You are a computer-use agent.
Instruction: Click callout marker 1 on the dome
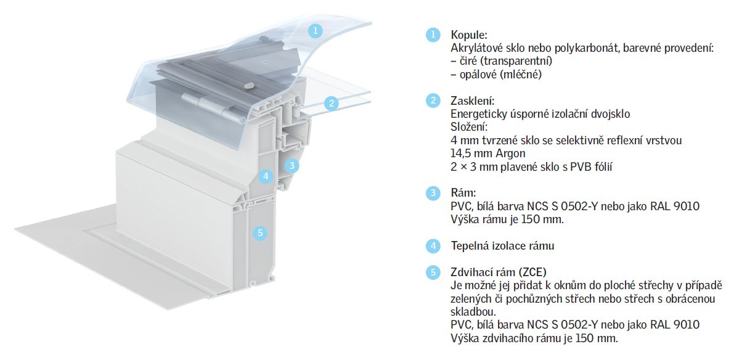pos(315,31)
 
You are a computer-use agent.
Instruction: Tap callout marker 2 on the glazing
pos(332,104)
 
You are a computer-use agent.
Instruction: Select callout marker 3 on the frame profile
pos(292,165)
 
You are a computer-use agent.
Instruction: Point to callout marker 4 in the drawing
pos(266,176)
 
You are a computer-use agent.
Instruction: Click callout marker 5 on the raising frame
pos(260,233)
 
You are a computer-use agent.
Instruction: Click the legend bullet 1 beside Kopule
pos(433,35)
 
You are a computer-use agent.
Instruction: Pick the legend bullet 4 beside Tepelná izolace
pos(433,246)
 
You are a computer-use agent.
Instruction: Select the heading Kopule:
pos(469,35)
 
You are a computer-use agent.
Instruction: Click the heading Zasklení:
pos(472,100)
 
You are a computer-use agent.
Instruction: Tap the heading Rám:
pos(463,193)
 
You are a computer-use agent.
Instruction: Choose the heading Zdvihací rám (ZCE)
pos(499,272)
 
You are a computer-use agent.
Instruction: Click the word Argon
pos(510,154)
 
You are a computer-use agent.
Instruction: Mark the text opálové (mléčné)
pos(500,75)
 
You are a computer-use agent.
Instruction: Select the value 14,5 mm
pos(471,153)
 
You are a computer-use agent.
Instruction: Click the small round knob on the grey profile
pos(249,86)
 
